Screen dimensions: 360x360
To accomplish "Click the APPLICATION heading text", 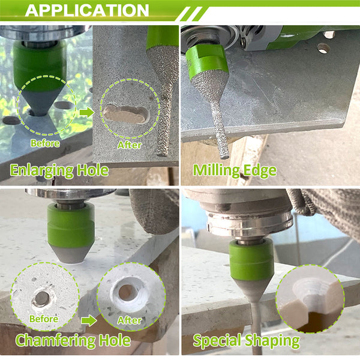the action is (x=87, y=10).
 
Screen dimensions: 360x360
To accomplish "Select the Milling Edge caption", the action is (x=235, y=170).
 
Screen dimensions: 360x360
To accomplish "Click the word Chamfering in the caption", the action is (x=55, y=340).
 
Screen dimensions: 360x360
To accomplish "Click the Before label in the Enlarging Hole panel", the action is (x=45, y=143).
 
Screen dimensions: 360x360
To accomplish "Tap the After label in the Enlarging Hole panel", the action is (x=130, y=145).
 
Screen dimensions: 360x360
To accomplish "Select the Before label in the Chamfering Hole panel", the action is (x=44, y=319).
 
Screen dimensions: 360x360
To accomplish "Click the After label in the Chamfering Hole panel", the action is (x=130, y=320).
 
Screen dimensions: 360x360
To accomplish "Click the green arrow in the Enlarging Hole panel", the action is (x=86, y=113).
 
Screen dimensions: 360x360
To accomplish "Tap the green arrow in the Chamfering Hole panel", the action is (x=89, y=321).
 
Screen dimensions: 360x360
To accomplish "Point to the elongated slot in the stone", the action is (x=125, y=113).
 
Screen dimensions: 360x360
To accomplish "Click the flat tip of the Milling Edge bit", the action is (x=224, y=157).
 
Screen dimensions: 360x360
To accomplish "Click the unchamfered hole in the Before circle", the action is (x=42, y=298).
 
